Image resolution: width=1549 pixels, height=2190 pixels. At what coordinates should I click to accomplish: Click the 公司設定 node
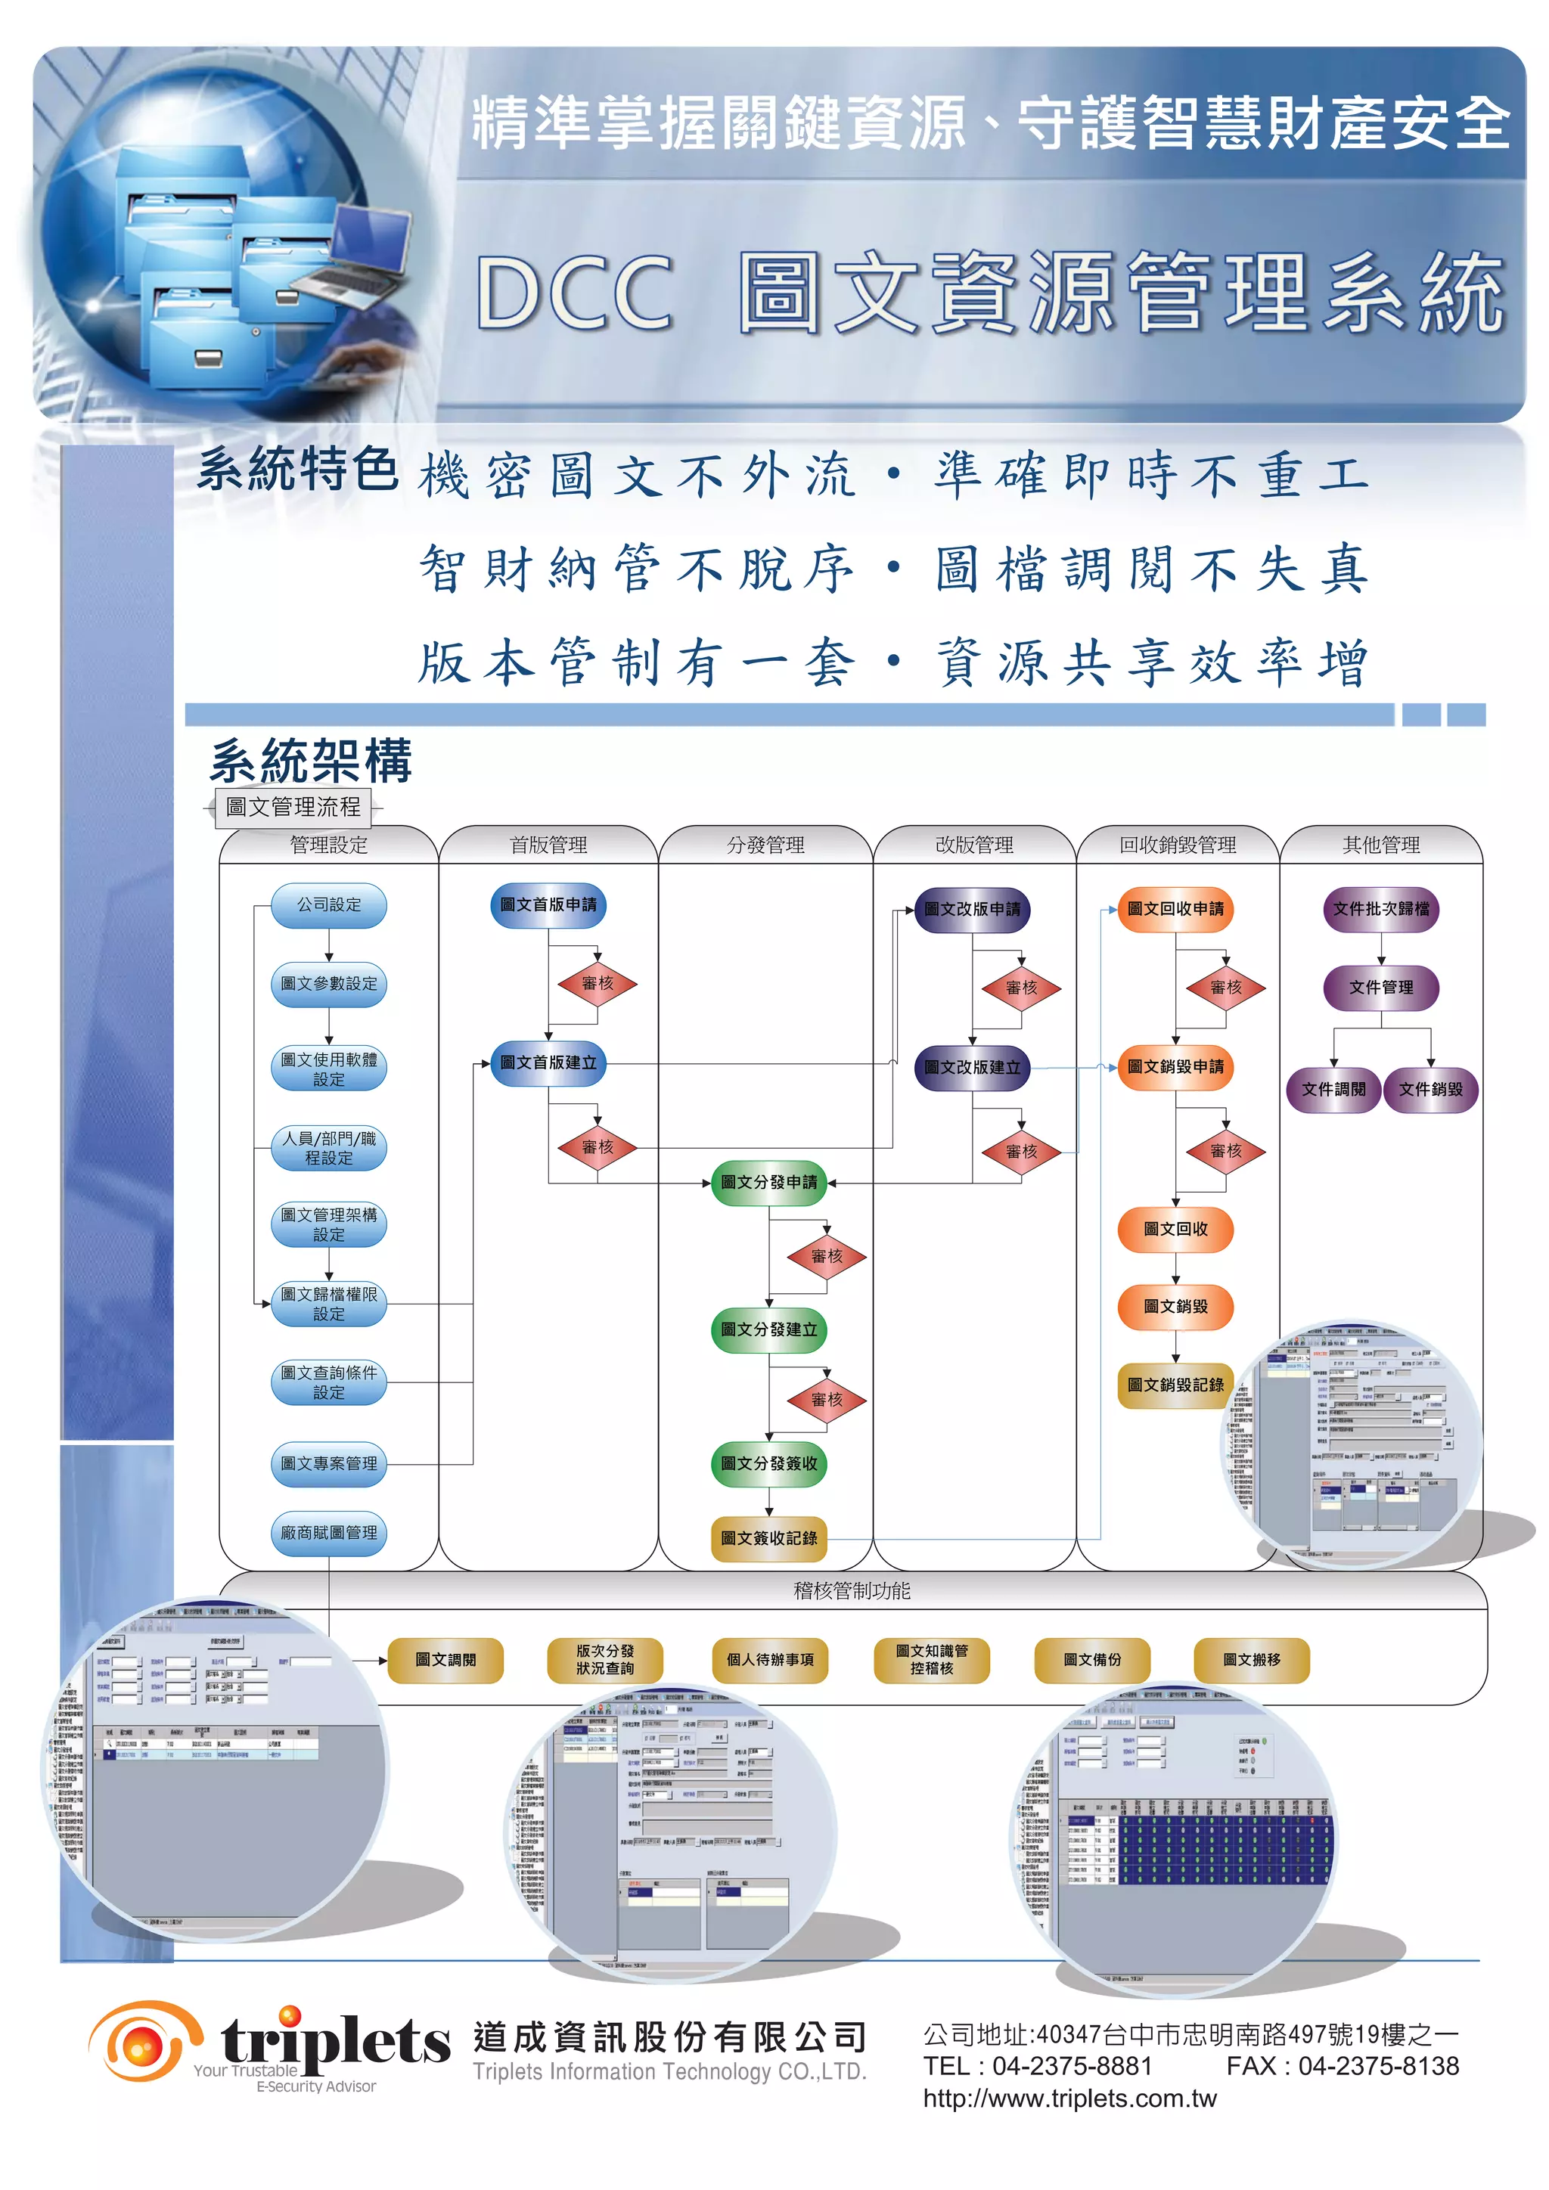328,905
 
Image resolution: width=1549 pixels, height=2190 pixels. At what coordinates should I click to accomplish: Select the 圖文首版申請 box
548,905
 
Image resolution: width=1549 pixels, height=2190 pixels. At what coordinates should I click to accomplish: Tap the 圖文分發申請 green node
768,1182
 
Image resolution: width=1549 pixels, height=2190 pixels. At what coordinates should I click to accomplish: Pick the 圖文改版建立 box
972,1067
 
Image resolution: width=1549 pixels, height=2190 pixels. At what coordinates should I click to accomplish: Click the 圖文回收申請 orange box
1175,909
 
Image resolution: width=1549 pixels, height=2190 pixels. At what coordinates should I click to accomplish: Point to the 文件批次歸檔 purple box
1380,909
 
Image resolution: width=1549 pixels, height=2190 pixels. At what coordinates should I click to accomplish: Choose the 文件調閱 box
1333,1089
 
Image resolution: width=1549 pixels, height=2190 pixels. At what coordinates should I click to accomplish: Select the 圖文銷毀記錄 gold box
1175,1385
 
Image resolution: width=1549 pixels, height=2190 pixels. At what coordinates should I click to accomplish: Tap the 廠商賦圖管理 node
328,1533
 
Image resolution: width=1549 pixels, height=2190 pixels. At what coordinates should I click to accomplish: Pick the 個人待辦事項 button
770,1660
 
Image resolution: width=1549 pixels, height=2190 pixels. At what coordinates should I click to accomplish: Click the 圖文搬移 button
1252,1660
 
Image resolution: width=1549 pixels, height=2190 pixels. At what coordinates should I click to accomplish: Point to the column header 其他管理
1380,845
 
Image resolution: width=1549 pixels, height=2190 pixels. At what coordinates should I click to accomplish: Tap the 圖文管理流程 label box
293,807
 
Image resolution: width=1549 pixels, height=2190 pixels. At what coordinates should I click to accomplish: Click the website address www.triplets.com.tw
1069,2098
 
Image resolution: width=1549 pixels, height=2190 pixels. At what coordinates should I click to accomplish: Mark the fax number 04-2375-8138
1377,2066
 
